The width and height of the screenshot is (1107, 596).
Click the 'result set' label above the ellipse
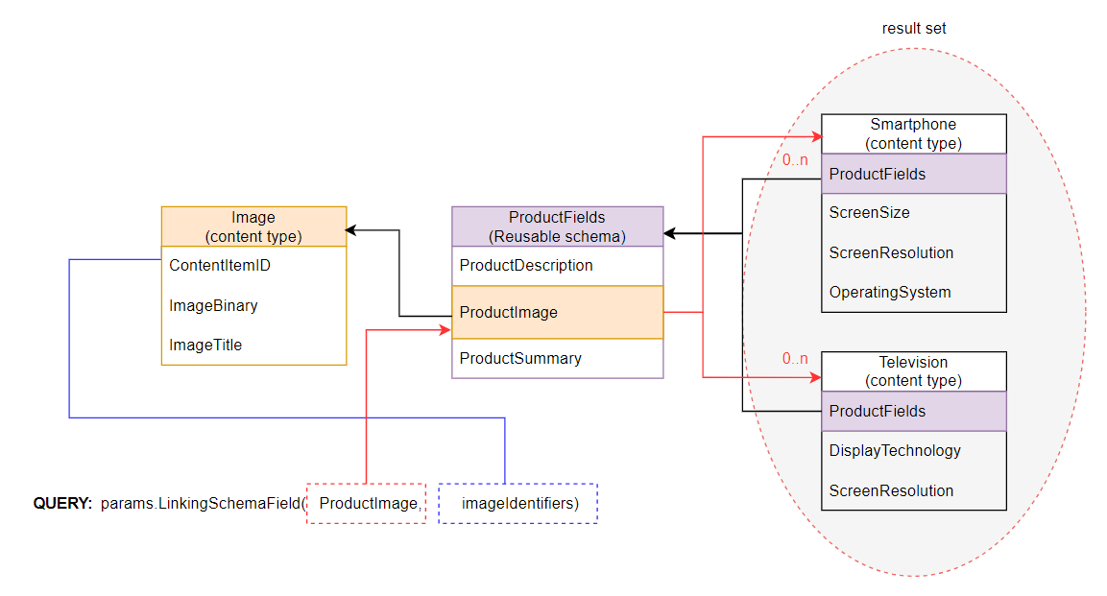(x=914, y=29)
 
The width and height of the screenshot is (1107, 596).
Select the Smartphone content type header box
(x=913, y=133)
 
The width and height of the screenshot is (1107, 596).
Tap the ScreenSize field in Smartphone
(x=869, y=213)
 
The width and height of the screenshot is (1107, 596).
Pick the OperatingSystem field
(x=890, y=293)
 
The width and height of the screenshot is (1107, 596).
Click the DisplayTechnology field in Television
(x=895, y=451)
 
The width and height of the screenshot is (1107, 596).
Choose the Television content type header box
(x=913, y=371)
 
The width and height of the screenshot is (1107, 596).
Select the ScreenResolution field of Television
(x=891, y=490)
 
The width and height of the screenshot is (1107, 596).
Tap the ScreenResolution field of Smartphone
(x=891, y=253)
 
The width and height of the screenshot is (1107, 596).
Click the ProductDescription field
(x=526, y=266)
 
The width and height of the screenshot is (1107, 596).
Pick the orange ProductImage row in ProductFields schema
(x=557, y=312)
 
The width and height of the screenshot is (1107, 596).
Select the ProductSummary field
(x=520, y=359)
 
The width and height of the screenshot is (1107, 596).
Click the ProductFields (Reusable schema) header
(x=557, y=226)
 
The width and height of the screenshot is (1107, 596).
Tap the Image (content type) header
(x=253, y=226)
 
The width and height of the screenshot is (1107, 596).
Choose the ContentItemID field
(x=220, y=266)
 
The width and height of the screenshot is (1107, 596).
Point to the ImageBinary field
(x=213, y=306)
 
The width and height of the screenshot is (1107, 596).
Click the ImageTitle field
(x=205, y=346)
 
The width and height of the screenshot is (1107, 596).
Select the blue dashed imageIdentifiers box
(x=518, y=503)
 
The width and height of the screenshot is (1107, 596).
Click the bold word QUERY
(x=62, y=503)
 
